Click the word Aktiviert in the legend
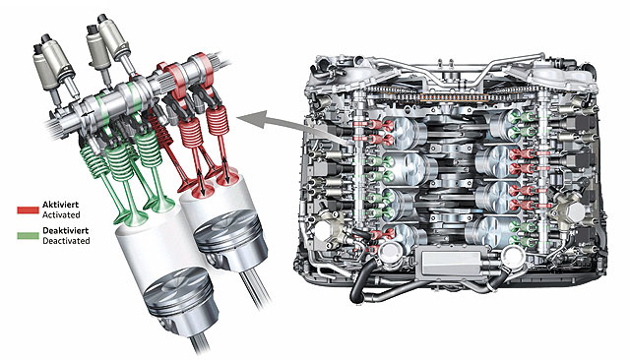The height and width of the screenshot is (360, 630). (x=60, y=205)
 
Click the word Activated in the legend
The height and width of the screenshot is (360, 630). (x=61, y=214)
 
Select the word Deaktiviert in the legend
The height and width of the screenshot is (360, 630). (x=66, y=231)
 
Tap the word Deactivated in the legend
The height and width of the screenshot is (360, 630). (x=66, y=241)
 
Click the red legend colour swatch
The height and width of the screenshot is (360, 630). (x=29, y=210)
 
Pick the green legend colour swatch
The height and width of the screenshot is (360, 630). (x=29, y=236)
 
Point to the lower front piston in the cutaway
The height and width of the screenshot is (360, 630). (x=176, y=296)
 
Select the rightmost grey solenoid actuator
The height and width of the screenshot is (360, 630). (x=114, y=37)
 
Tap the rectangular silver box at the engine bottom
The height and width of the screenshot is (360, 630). (x=451, y=263)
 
